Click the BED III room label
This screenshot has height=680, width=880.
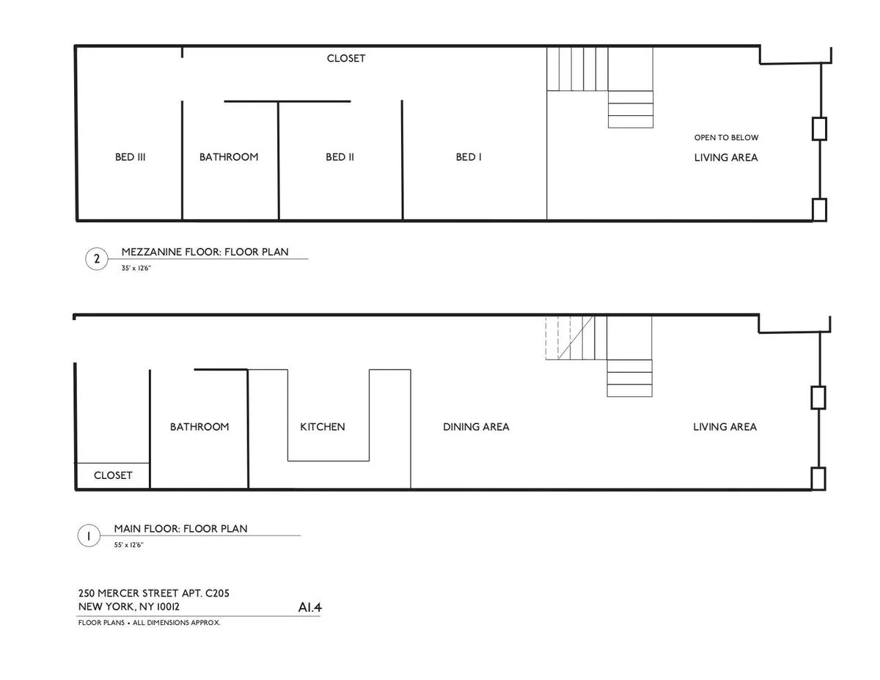point(130,157)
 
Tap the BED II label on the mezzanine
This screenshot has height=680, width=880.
point(340,157)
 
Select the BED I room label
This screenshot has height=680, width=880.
point(469,157)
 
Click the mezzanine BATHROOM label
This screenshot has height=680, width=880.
point(229,157)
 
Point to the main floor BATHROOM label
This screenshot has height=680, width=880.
point(199,427)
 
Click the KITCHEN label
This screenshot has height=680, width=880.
point(322,427)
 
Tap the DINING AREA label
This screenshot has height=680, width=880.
point(476,427)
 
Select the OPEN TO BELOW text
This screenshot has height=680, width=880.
point(726,138)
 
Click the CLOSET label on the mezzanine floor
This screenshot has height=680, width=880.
point(346,59)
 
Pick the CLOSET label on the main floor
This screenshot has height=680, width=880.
point(113,475)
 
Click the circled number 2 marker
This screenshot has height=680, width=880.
point(97,259)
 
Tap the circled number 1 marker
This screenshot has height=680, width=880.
point(89,536)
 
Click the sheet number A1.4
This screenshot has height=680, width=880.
point(309,607)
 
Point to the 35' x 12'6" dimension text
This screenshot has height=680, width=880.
point(136,268)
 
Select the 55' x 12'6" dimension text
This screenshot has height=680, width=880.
point(128,545)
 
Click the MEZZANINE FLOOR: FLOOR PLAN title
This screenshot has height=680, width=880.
point(205,252)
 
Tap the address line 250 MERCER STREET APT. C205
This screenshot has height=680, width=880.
point(153,593)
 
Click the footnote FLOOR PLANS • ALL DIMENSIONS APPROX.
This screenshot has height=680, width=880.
point(149,623)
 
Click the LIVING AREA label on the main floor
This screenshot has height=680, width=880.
point(725,427)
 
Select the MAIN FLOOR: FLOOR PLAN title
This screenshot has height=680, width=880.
point(180,528)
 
